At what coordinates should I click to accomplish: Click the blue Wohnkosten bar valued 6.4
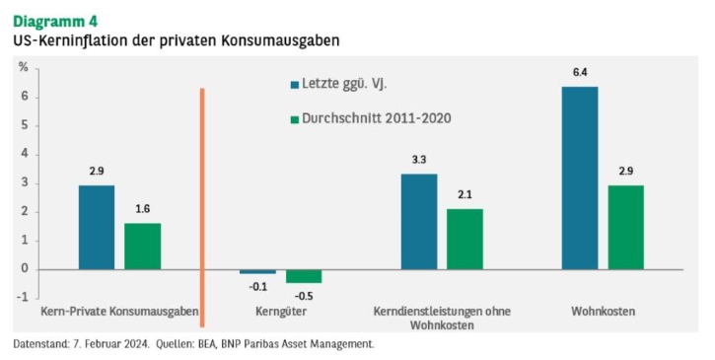click(x=580, y=178)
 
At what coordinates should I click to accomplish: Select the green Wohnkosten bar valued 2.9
click(x=625, y=227)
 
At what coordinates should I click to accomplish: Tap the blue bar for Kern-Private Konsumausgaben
click(x=97, y=227)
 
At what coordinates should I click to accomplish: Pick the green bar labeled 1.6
click(x=143, y=247)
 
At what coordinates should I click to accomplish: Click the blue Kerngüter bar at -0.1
click(x=258, y=271)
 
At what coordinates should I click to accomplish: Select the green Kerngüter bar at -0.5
click(x=304, y=276)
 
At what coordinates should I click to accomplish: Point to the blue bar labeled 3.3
click(x=419, y=222)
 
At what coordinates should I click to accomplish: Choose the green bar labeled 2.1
click(x=465, y=239)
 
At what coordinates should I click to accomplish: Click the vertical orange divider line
click(x=202, y=207)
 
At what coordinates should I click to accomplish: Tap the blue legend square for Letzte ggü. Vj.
click(x=295, y=85)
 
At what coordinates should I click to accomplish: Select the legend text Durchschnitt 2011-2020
click(x=377, y=118)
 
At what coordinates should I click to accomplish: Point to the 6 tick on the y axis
click(x=25, y=97)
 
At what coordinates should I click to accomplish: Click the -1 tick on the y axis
click(x=23, y=298)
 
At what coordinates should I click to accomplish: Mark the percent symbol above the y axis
click(x=24, y=67)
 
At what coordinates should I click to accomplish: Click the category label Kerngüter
click(x=281, y=312)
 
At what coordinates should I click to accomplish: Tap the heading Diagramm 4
click(x=55, y=22)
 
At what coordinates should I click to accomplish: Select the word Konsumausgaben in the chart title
click(x=280, y=40)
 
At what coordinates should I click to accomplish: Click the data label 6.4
click(x=580, y=72)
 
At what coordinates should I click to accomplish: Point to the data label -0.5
click(x=304, y=296)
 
